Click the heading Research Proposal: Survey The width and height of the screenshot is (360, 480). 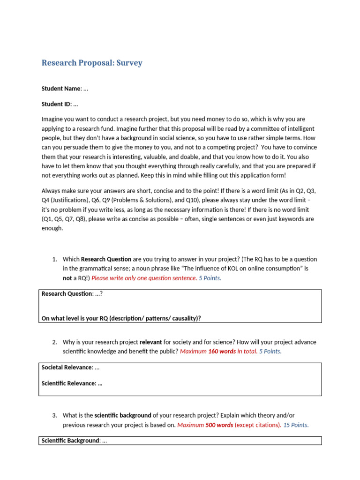point(92,63)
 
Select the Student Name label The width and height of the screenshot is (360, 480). point(61,89)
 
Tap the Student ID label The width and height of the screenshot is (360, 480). point(55,104)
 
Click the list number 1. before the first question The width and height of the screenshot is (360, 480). point(54,259)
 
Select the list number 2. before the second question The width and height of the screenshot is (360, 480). point(54,342)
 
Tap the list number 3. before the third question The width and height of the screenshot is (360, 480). point(54,415)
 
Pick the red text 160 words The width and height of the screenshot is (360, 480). point(222,352)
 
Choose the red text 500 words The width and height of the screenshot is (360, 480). point(219,425)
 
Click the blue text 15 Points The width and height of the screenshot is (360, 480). point(296,425)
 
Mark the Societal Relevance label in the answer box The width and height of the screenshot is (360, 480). point(66,367)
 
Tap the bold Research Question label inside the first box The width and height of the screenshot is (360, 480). point(67,294)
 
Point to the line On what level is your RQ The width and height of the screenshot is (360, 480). point(121,318)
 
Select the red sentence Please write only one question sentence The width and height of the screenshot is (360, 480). point(144,278)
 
